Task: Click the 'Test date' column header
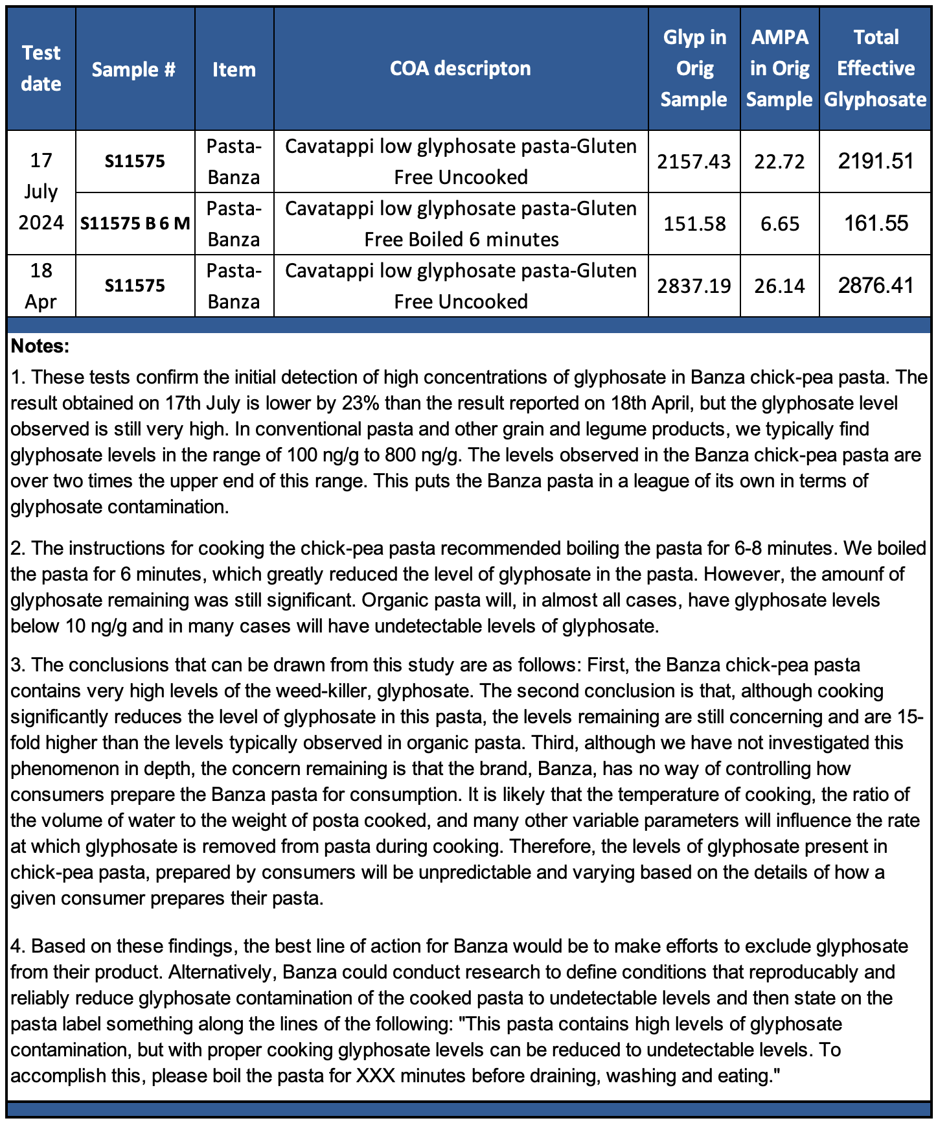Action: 41,68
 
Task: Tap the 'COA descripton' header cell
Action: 460,68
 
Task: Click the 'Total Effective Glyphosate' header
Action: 875,68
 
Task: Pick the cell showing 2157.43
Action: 694,161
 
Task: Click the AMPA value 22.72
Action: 779,161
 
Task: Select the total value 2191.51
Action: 875,161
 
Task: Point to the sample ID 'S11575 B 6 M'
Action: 135,224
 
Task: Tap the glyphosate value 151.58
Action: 694,224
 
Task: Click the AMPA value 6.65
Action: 780,224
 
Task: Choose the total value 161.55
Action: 876,224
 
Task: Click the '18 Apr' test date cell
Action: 41,286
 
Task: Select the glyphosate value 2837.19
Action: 694,286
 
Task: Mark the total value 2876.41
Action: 875,285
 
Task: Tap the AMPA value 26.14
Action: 779,286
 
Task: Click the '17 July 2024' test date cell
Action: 41,192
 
